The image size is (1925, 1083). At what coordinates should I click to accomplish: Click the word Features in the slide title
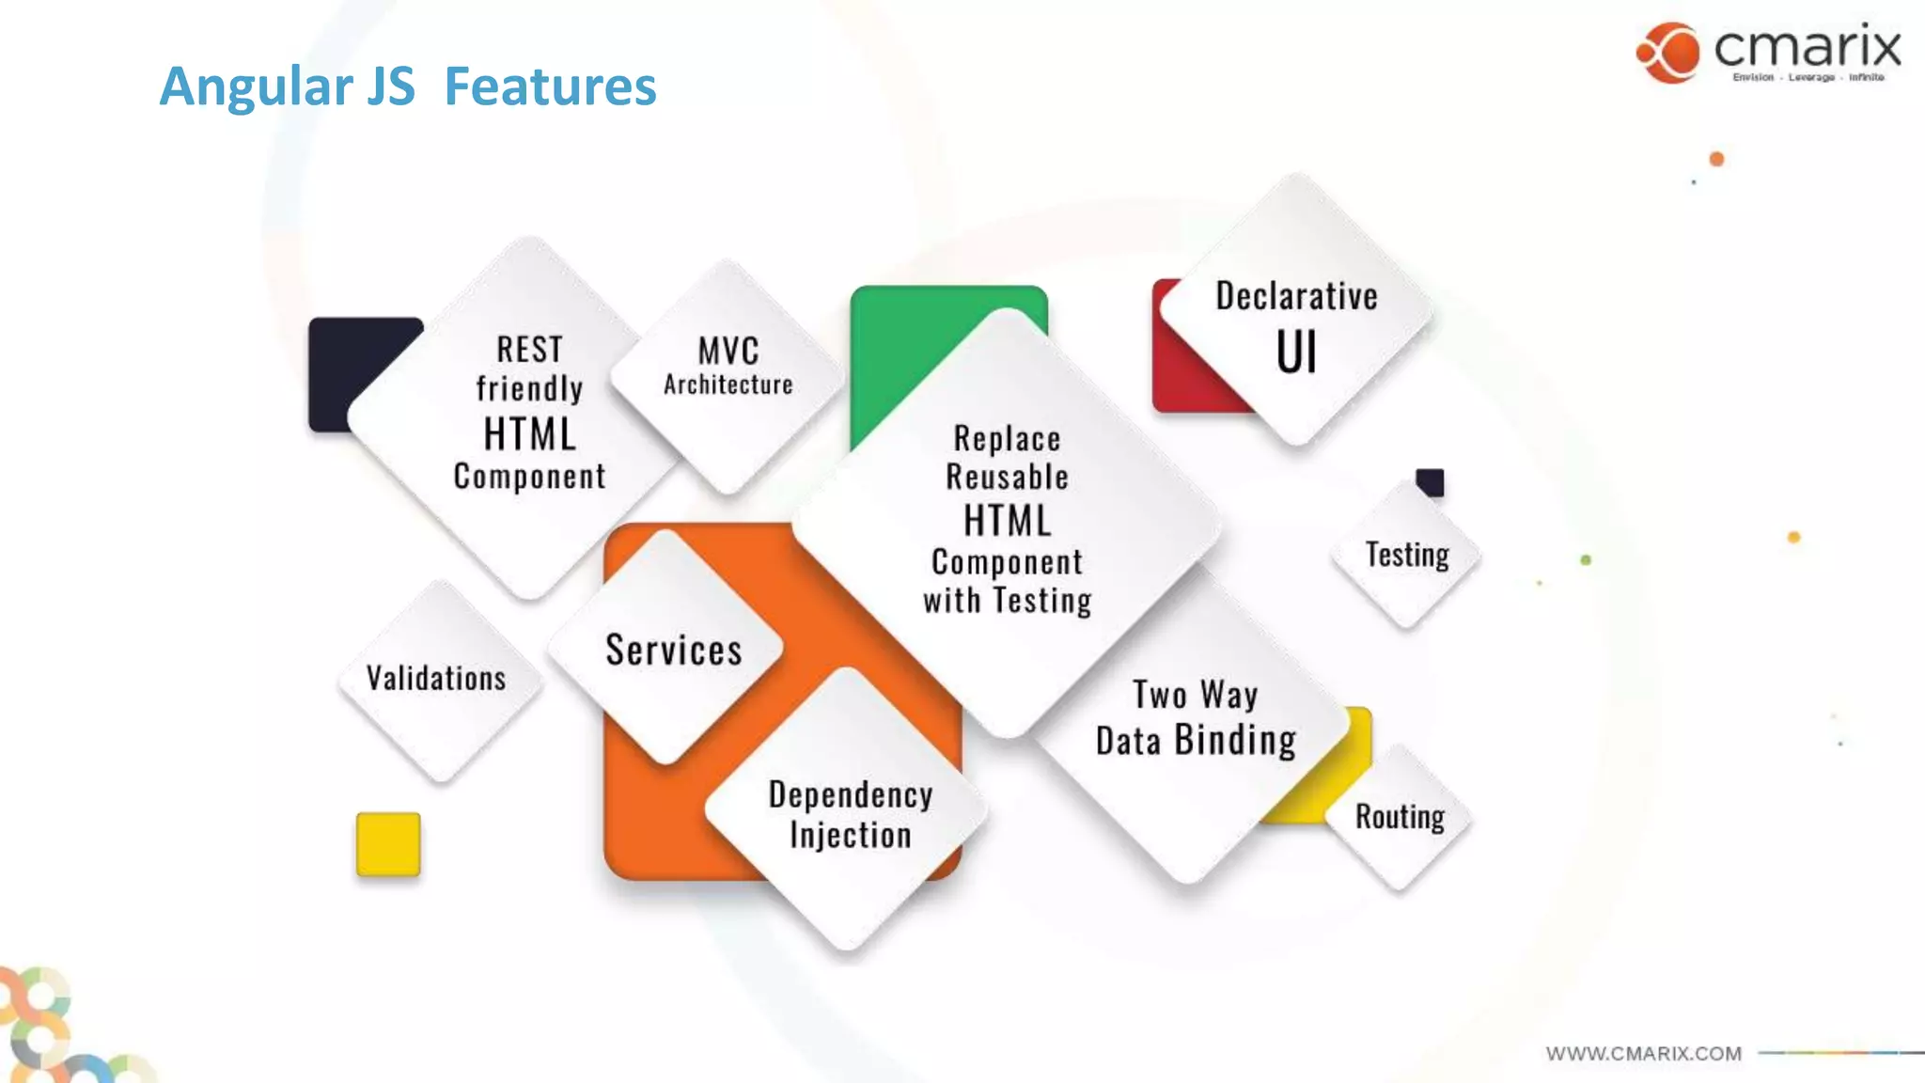550,86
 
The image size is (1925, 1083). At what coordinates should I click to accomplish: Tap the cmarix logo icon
1668,53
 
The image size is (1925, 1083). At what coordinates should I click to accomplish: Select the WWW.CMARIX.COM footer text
1643,1054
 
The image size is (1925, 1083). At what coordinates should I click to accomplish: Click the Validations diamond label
436,678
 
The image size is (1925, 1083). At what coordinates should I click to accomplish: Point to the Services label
673,651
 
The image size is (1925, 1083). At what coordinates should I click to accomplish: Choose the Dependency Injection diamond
850,814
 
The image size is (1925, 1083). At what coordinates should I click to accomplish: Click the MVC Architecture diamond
728,367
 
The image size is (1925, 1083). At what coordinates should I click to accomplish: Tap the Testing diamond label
1407,555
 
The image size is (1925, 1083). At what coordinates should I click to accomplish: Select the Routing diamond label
1400,816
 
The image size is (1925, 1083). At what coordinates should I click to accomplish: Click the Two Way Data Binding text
1196,718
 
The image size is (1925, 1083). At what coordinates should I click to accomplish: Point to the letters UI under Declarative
1296,353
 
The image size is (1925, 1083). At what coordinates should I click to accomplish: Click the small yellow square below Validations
388,843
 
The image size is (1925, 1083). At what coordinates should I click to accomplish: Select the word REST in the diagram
529,350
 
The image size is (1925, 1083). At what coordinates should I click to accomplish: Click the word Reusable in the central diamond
1007,478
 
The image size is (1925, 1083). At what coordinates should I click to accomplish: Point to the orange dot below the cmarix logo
1716,159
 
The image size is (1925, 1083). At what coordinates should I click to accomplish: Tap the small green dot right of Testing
1586,560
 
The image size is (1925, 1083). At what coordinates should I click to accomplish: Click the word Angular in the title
256,86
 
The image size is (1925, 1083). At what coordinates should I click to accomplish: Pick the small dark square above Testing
1431,481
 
